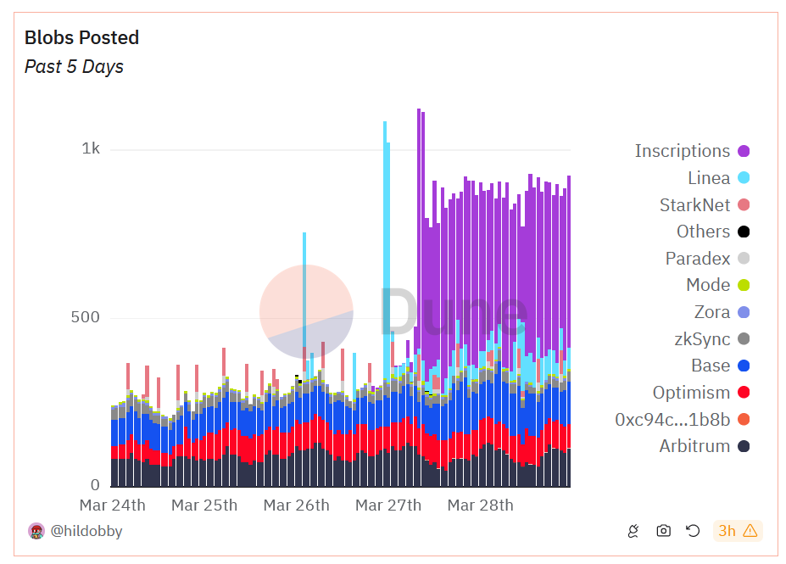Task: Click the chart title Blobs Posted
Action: (81, 38)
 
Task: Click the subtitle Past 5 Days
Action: (74, 67)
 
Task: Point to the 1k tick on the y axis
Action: (91, 149)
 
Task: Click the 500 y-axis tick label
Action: (85, 318)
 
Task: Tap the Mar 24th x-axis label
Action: (112, 505)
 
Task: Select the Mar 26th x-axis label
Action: (296, 505)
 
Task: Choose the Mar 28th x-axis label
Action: (480, 505)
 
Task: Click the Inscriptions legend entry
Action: (682, 151)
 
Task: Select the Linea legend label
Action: (708, 178)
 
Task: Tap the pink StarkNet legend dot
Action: (744, 205)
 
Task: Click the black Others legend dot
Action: (744, 232)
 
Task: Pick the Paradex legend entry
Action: (697, 259)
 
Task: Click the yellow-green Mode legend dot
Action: (744, 286)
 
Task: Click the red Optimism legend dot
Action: (744, 393)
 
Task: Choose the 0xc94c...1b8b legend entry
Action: (672, 420)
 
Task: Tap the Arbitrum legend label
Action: (694, 447)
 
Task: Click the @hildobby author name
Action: (86, 532)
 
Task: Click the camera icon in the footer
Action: (663, 531)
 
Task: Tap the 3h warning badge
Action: (738, 531)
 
